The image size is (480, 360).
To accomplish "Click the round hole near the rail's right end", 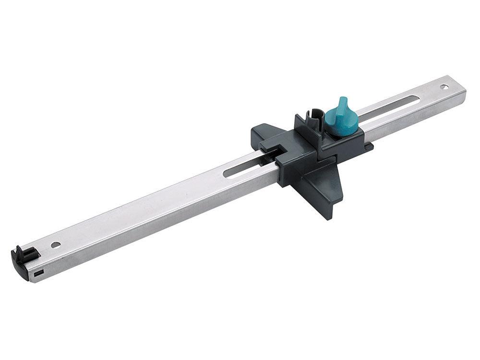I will click(444, 87).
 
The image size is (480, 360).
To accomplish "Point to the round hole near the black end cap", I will click(56, 244).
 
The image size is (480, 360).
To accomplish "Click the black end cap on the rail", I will click(22, 261).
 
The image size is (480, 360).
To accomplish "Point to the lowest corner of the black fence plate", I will click(330, 218).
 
